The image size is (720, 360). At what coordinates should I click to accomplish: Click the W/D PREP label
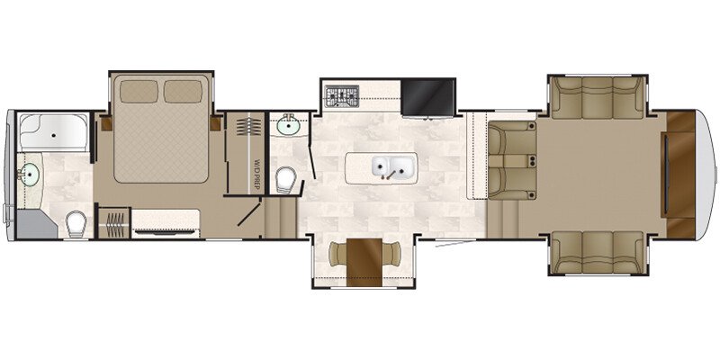(x=256, y=175)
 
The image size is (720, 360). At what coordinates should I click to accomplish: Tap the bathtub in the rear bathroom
(x=53, y=132)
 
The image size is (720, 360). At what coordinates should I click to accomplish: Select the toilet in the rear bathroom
(x=76, y=224)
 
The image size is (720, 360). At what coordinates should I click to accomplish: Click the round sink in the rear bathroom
(x=30, y=175)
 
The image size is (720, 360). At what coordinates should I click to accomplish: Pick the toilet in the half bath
(x=285, y=180)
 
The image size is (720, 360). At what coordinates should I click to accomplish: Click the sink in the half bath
(x=288, y=124)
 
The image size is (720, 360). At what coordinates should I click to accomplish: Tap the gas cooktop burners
(x=342, y=96)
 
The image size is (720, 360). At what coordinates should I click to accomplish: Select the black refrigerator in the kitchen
(x=428, y=97)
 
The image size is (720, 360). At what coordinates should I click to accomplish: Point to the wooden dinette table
(x=364, y=262)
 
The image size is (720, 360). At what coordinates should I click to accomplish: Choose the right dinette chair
(x=391, y=255)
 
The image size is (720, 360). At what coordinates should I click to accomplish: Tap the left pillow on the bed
(x=139, y=92)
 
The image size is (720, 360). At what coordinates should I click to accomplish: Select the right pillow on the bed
(x=183, y=92)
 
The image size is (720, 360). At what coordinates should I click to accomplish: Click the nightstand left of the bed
(x=107, y=123)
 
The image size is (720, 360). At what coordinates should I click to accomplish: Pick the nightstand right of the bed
(x=215, y=123)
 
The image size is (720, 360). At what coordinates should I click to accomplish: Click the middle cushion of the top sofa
(x=597, y=97)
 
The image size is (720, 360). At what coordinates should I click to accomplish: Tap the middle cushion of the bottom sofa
(x=597, y=252)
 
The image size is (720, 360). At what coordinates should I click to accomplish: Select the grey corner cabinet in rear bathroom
(x=36, y=224)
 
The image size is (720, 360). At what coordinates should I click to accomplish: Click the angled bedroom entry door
(x=249, y=214)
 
